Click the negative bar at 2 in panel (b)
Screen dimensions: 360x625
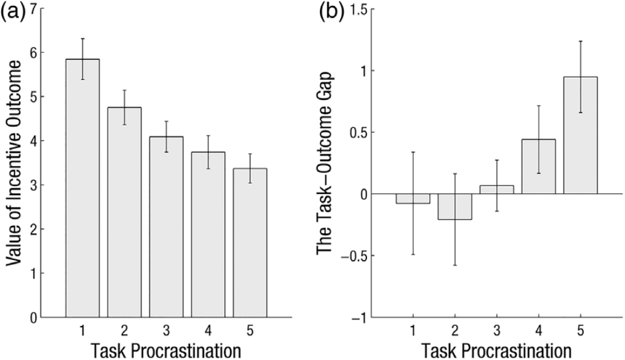455,207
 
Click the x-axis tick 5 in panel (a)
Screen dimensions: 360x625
250,330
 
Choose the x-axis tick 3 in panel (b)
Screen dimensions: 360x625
497,330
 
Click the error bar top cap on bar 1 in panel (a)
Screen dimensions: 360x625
82,39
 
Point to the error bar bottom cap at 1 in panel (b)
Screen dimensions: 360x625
413,254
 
